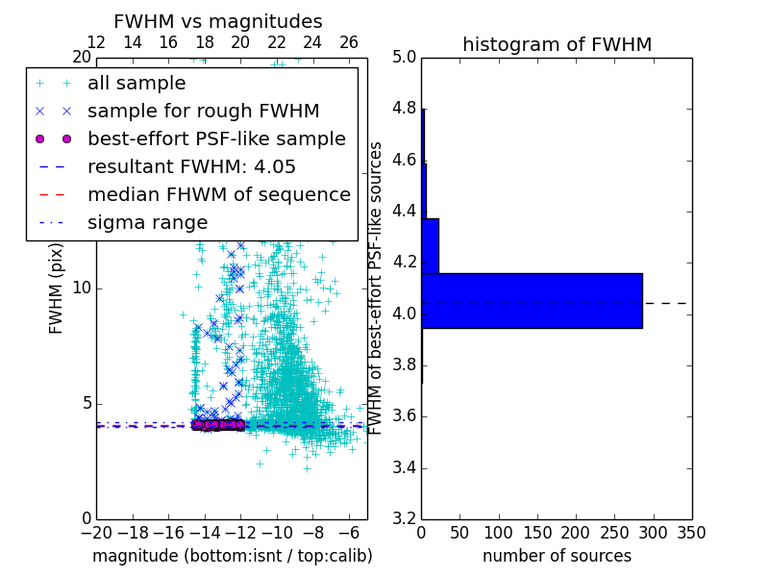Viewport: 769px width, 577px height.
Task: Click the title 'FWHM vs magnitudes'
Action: coord(217,21)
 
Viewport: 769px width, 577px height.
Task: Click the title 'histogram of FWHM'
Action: coord(557,44)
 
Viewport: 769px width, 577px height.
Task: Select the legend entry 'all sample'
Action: coord(136,84)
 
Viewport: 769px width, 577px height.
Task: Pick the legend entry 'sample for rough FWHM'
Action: coord(203,112)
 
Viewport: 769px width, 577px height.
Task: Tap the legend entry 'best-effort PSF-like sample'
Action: coord(216,139)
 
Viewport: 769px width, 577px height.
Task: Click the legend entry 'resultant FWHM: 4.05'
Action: coord(191,167)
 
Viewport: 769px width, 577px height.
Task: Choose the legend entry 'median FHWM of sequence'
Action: coord(218,195)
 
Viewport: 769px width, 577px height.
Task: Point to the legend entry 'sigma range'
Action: coord(147,223)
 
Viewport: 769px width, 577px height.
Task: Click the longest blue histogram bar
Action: coord(532,301)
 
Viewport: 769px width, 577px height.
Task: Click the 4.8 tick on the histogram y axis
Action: coord(403,109)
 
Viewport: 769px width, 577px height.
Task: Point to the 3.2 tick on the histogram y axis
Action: coord(403,519)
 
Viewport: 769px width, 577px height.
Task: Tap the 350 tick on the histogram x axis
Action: coord(691,533)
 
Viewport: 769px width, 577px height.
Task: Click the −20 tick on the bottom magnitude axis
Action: coord(96,533)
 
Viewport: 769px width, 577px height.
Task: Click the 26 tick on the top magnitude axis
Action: coord(349,42)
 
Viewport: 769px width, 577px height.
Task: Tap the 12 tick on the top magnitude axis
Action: coord(96,42)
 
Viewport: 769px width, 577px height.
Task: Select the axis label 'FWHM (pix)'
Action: coord(57,288)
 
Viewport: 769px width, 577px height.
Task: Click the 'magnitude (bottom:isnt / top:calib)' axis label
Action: coord(232,556)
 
